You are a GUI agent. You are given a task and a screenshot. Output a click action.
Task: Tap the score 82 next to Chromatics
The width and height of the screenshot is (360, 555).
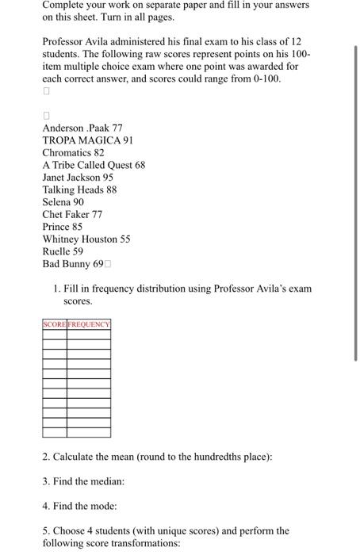[x=99, y=152]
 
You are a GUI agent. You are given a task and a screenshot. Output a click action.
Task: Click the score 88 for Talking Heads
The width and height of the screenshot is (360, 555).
[x=111, y=189]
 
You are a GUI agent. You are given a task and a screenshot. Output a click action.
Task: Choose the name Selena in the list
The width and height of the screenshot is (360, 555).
[x=56, y=202]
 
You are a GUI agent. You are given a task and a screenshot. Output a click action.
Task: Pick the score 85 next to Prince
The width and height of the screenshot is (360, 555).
[x=77, y=226]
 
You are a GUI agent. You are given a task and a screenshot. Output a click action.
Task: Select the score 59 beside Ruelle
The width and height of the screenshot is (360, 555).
[x=78, y=251]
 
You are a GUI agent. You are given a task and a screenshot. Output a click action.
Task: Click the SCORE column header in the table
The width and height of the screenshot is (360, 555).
[x=55, y=324]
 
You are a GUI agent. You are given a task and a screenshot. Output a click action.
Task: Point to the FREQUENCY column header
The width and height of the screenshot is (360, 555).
[x=89, y=324]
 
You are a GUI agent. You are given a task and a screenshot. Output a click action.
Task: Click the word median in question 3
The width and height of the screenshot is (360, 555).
[x=107, y=481]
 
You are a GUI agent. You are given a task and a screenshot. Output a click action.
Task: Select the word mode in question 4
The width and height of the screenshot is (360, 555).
[x=102, y=505]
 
